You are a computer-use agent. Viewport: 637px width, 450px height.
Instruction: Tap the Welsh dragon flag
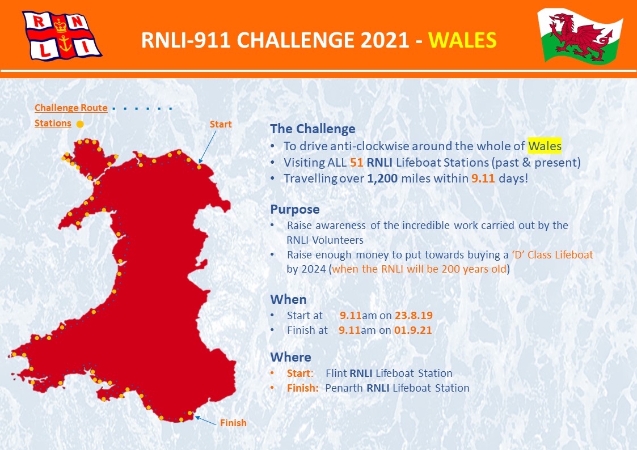(580, 36)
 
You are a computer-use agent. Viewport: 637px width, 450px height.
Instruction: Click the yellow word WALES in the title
(462, 40)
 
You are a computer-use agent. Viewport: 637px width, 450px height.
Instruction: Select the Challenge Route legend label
(71, 108)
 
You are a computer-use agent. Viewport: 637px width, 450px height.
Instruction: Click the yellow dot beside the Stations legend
(80, 124)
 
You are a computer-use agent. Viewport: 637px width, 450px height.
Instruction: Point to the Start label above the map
(221, 124)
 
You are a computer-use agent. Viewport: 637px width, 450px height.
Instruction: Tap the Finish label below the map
(233, 423)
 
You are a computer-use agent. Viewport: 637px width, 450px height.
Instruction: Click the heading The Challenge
(313, 129)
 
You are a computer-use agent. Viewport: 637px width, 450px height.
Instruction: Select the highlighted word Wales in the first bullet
(545, 146)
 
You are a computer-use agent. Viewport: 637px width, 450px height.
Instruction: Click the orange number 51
(356, 162)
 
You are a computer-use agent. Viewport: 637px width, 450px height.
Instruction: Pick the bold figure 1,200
(382, 179)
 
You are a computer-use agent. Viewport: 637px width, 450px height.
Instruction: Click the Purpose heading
(295, 209)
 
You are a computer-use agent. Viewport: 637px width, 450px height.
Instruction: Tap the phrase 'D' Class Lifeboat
(552, 255)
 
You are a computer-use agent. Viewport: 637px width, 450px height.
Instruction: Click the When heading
(289, 299)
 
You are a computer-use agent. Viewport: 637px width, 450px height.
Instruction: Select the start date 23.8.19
(414, 315)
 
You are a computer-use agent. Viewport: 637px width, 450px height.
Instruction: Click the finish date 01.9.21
(413, 330)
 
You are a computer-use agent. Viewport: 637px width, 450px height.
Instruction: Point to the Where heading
(291, 357)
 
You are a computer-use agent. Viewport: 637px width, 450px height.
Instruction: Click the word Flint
(336, 373)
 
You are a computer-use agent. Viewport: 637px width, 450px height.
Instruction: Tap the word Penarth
(344, 388)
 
